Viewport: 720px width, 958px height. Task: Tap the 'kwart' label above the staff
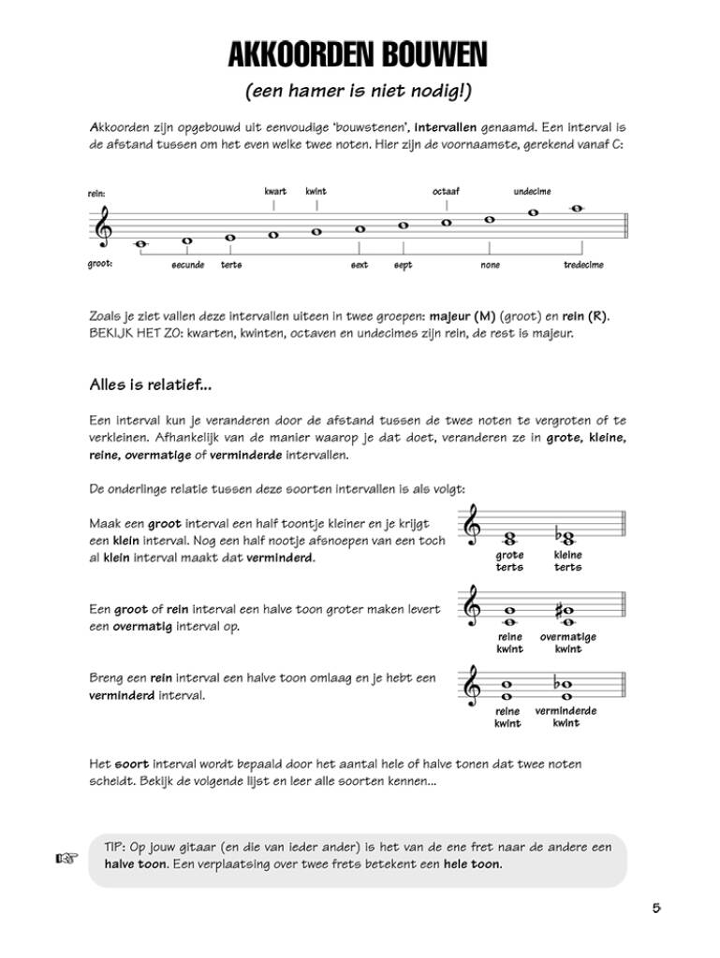[275, 192]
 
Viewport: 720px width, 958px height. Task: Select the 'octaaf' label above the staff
[446, 192]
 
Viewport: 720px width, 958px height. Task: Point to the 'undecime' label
[532, 192]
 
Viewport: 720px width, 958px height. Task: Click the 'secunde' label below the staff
[187, 265]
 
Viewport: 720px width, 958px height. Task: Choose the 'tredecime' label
[583, 265]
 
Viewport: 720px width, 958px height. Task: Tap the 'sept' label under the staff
[403, 265]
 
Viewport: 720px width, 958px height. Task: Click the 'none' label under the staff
[490, 265]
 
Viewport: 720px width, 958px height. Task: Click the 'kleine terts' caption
[567, 560]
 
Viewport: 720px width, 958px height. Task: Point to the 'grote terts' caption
[509, 560]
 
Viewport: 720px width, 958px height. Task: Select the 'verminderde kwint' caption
[566, 717]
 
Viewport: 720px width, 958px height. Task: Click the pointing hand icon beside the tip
[65, 857]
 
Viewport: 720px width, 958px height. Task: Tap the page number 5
[656, 907]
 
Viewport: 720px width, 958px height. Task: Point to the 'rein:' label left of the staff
[96, 195]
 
